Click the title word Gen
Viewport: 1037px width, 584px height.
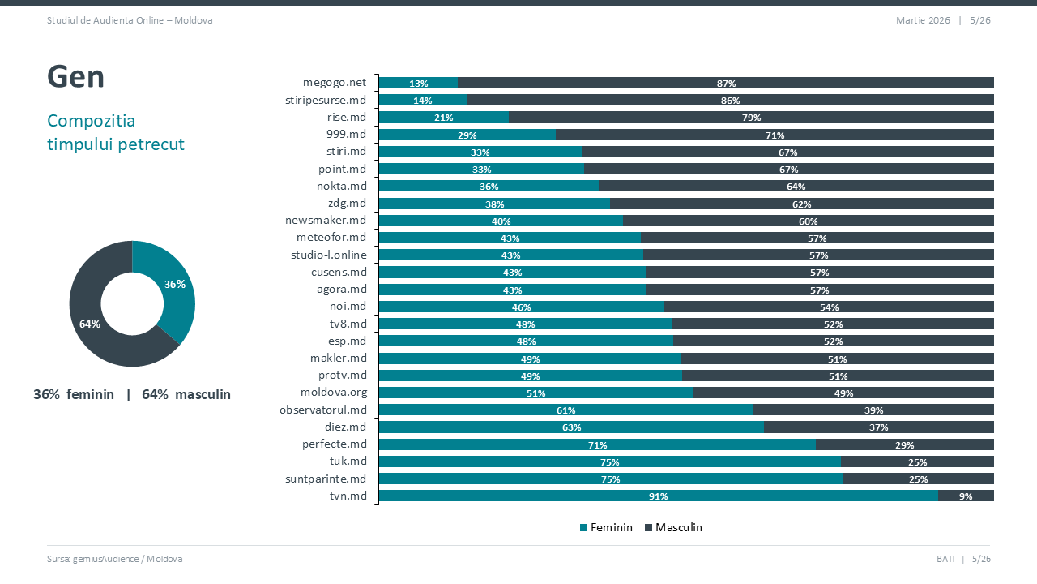75,77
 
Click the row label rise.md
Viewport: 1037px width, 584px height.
346,117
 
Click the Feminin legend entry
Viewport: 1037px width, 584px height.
606,527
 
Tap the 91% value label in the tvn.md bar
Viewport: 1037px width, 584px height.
658,496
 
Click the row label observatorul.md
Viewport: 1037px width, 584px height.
323,410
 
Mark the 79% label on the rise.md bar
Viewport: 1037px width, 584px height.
751,118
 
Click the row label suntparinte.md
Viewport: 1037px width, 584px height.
326,479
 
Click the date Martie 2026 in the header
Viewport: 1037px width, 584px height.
923,20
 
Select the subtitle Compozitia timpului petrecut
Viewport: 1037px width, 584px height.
116,132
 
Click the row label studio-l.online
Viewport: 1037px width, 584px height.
328,255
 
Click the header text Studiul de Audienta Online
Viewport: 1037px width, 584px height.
130,20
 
